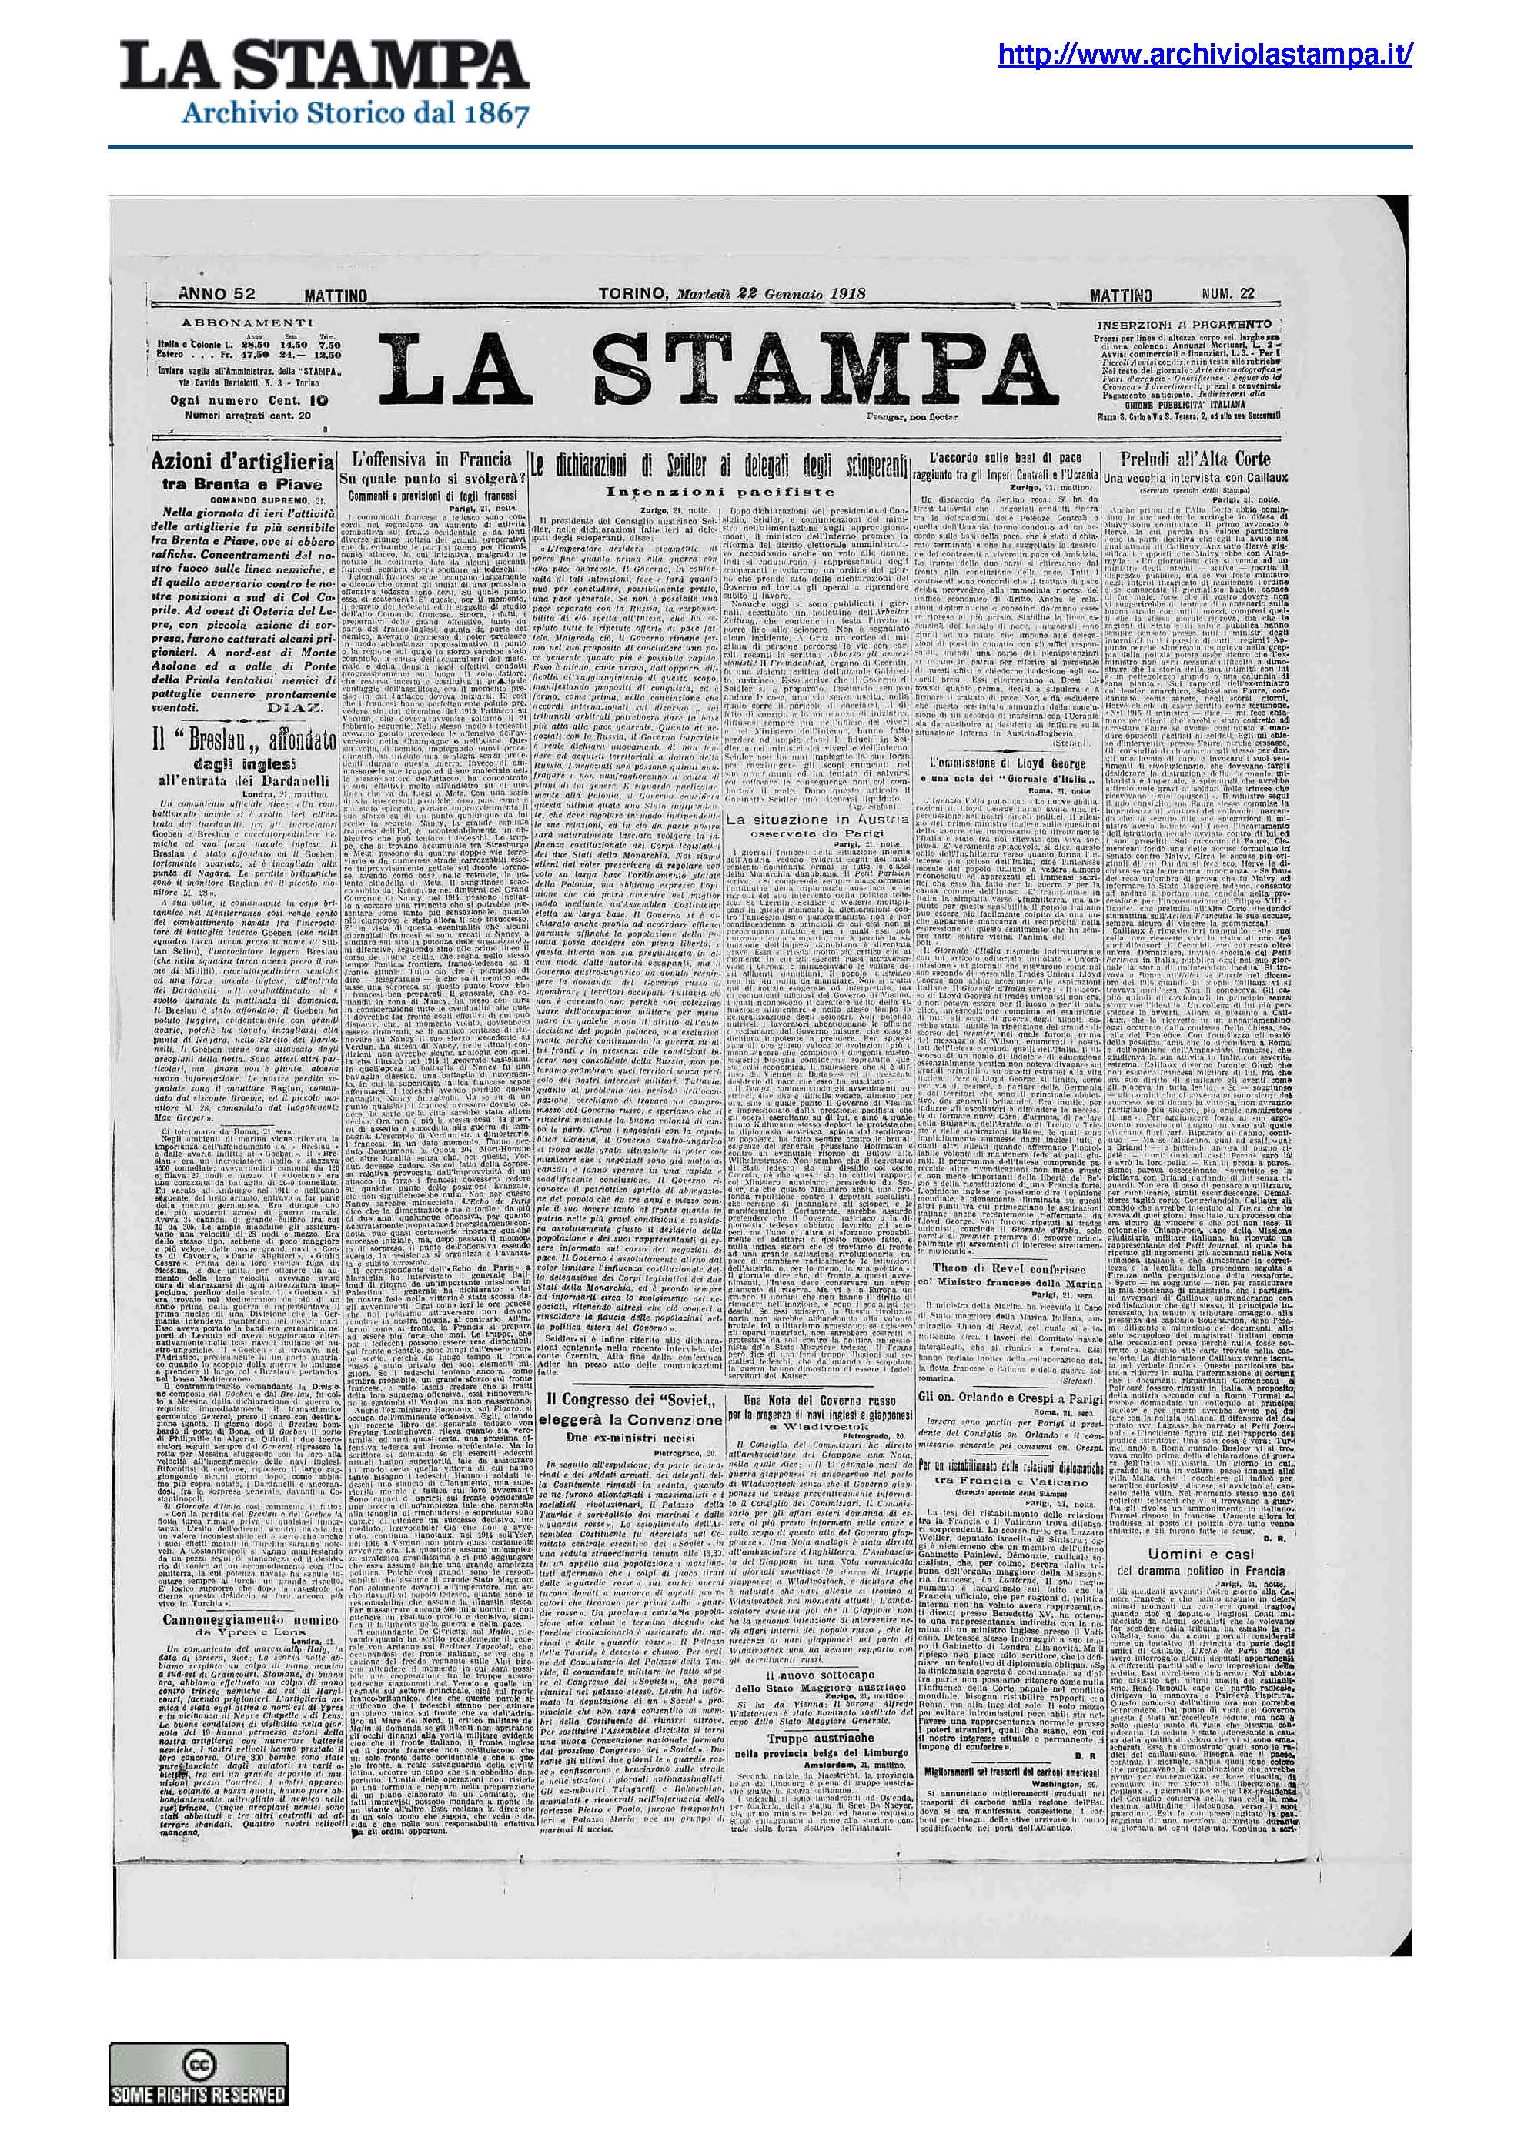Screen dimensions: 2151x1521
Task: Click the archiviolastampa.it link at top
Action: [x=1205, y=56]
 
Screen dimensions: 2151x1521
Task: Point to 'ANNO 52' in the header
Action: [x=216, y=293]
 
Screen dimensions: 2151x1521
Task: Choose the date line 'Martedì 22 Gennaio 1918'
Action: [x=771, y=293]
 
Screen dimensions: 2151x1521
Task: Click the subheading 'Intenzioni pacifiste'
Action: [x=719, y=491]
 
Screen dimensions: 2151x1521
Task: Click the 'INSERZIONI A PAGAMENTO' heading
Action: [x=1190, y=323]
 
